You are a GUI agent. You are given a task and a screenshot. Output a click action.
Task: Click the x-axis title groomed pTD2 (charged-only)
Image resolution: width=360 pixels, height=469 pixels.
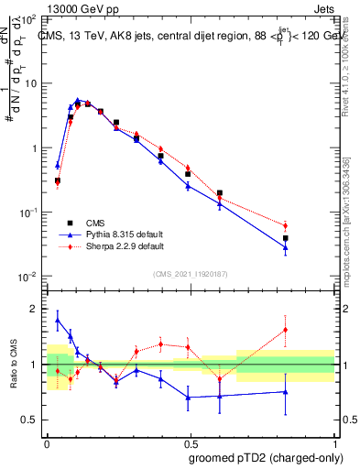click(265, 457)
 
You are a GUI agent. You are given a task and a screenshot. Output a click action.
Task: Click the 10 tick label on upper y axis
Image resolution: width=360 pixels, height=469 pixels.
click(31, 83)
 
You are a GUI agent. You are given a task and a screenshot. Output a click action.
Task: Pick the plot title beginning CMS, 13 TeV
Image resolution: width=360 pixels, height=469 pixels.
click(183, 36)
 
